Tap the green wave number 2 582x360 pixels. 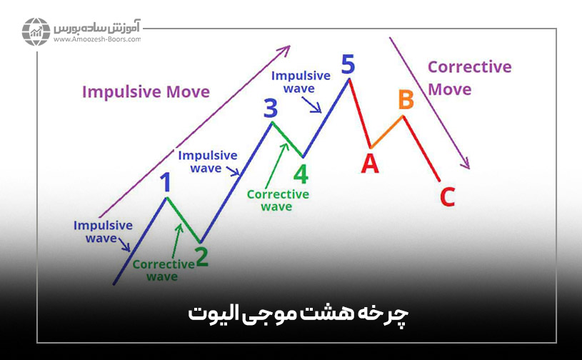tap(202, 256)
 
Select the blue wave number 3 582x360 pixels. tap(270, 109)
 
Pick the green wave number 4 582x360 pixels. tap(301, 174)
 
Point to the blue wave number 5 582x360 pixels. tap(348, 64)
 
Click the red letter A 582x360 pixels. tap(369, 164)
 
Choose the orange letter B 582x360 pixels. tap(406, 101)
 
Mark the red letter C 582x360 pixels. tap(447, 196)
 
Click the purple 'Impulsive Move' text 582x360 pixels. tap(146, 91)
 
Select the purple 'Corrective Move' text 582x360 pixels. tap(469, 78)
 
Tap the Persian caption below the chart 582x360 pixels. tap(291, 314)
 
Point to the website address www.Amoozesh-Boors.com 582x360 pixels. tap(96, 40)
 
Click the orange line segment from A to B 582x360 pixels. tap(387, 132)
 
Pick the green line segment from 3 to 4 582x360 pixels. tap(287, 140)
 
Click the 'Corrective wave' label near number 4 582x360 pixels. tap(278, 200)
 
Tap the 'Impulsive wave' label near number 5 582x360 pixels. tap(301, 81)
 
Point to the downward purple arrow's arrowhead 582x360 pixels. tap(466, 164)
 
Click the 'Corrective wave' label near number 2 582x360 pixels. tap(163, 270)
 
